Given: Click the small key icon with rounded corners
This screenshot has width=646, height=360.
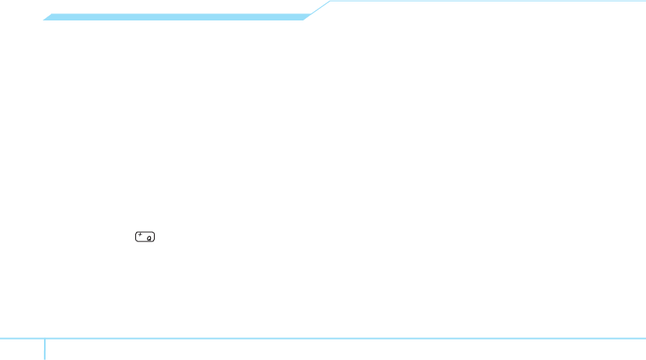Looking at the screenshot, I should (x=145, y=236).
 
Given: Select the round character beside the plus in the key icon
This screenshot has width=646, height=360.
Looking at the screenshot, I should (x=149, y=237).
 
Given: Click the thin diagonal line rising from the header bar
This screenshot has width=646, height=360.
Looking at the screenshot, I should (x=318, y=9).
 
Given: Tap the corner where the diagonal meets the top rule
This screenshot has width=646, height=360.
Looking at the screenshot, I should (x=331, y=2).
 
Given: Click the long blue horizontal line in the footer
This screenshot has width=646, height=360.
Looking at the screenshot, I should (x=346, y=339).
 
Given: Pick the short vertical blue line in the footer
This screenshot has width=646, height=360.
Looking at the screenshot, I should (x=45, y=349).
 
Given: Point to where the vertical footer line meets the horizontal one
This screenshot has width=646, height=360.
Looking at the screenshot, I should (x=45, y=339).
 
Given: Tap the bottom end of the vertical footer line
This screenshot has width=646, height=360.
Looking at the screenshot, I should (x=45, y=358).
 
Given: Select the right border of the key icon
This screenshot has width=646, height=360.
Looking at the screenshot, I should (x=156, y=236).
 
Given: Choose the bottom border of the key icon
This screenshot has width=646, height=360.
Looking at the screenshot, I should (x=145, y=241).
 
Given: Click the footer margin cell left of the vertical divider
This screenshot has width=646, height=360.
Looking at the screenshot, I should (x=22, y=350).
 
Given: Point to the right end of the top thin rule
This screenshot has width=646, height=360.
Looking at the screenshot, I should (x=644, y=2).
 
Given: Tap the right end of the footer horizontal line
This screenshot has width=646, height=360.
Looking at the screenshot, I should (x=644, y=339).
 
